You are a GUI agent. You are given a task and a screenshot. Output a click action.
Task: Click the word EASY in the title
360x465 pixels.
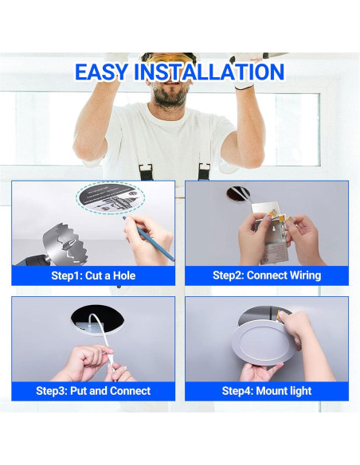click(x=102, y=72)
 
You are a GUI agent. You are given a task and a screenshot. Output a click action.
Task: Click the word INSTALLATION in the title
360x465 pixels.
click(x=208, y=72)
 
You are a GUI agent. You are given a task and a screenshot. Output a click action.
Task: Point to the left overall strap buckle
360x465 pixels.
click(x=146, y=170)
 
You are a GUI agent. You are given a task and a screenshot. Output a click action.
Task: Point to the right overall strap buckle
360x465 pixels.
click(x=204, y=170)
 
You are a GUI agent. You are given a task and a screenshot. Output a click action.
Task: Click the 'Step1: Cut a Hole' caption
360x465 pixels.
click(x=93, y=275)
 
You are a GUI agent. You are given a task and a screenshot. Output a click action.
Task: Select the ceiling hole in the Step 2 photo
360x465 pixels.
click(x=237, y=193)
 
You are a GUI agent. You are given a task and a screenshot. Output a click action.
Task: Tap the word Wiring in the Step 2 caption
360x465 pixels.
click(x=301, y=275)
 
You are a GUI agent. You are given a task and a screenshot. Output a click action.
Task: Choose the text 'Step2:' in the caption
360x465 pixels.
click(x=229, y=275)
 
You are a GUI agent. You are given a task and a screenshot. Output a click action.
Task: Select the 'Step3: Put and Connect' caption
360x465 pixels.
click(x=93, y=391)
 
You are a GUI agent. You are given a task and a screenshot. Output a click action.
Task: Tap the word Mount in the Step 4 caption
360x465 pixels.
click(x=268, y=391)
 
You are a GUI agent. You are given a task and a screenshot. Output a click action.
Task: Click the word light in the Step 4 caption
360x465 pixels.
click(x=299, y=391)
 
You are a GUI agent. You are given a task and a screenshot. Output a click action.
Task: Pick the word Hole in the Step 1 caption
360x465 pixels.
click(x=122, y=275)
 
